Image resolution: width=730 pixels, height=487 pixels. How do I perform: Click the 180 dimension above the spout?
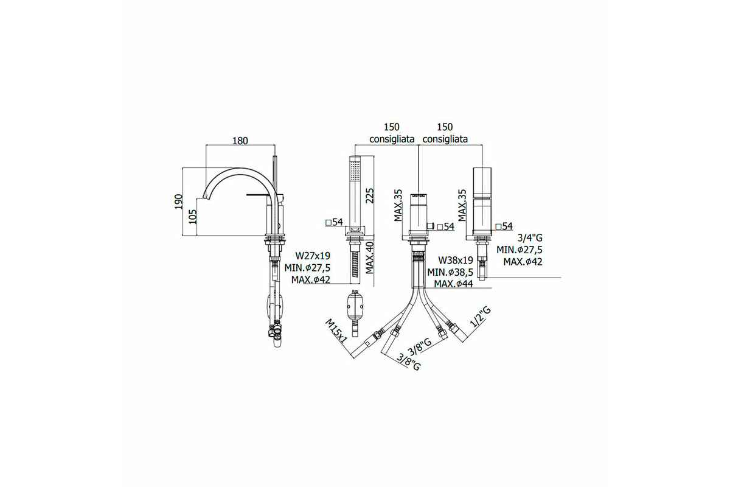(x=240, y=141)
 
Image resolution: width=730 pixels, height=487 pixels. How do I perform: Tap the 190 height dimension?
(x=178, y=201)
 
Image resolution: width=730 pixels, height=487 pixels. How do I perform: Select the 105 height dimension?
(x=193, y=217)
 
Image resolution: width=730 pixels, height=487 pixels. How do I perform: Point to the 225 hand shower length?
(x=370, y=196)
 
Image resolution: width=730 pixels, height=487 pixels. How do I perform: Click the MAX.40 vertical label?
(x=370, y=258)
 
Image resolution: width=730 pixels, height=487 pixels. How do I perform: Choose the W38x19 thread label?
(x=455, y=261)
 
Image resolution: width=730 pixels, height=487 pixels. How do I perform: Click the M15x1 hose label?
(x=336, y=331)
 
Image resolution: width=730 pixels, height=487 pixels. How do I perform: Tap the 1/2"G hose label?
(x=481, y=317)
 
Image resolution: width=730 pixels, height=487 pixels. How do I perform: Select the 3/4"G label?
(x=530, y=238)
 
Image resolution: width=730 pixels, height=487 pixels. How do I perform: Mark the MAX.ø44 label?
(x=453, y=284)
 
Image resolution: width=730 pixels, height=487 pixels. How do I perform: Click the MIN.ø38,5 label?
(x=450, y=272)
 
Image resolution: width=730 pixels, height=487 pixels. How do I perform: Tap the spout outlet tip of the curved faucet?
(x=207, y=196)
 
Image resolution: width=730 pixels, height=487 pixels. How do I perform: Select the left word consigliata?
(x=392, y=139)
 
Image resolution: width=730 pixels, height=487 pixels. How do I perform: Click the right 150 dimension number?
(x=445, y=127)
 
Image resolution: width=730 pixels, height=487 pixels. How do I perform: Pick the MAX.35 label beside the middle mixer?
(x=398, y=206)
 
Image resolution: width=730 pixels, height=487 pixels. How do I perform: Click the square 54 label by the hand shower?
(x=335, y=222)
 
